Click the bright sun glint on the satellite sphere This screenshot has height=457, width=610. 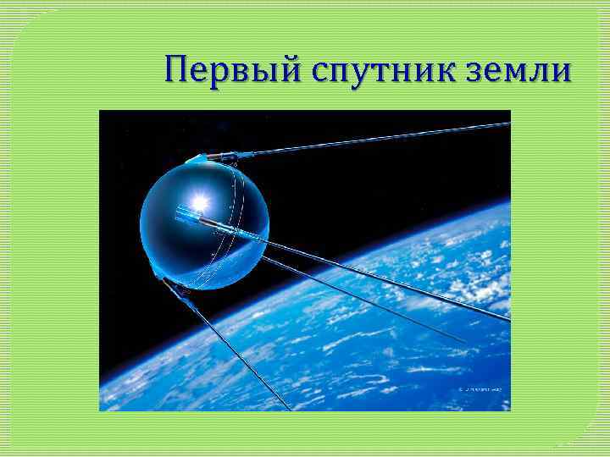[x=200, y=201]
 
